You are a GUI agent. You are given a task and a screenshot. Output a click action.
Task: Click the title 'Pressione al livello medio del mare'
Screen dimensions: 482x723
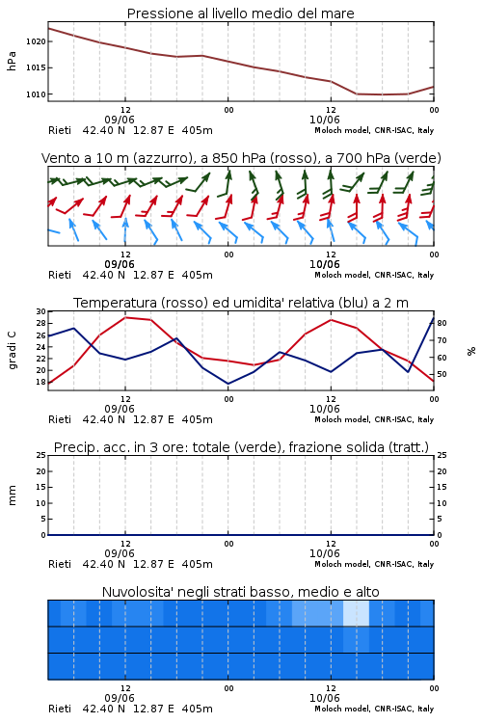(240, 13)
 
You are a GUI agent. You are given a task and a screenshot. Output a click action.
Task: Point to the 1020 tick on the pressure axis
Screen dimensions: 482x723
(36, 41)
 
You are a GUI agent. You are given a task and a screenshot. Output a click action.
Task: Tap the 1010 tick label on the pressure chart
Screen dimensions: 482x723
(36, 94)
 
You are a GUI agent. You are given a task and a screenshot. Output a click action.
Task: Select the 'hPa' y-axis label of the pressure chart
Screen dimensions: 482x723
(12, 61)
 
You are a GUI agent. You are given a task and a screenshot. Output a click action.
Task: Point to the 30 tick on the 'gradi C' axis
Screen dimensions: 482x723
(41, 311)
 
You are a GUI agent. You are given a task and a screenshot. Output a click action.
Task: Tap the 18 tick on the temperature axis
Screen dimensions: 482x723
(41, 382)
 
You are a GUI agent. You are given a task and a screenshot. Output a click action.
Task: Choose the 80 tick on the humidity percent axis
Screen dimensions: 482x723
(442, 323)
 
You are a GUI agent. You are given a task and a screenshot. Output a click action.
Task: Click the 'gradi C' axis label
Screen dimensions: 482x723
(12, 350)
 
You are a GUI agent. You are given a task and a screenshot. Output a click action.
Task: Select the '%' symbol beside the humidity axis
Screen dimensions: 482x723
(471, 351)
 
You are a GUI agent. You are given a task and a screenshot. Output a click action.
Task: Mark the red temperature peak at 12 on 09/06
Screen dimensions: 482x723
(125, 317)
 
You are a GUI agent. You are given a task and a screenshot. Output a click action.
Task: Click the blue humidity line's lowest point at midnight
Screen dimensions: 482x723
(228, 384)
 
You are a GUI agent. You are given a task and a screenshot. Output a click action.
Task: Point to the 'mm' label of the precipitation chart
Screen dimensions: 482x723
(12, 495)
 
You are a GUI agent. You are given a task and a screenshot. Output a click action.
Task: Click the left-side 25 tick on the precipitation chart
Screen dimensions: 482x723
(41, 455)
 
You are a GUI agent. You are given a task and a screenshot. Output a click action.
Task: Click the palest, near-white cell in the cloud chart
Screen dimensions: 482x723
(356, 613)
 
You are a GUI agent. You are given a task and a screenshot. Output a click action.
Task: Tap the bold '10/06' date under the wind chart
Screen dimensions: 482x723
(324, 265)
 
